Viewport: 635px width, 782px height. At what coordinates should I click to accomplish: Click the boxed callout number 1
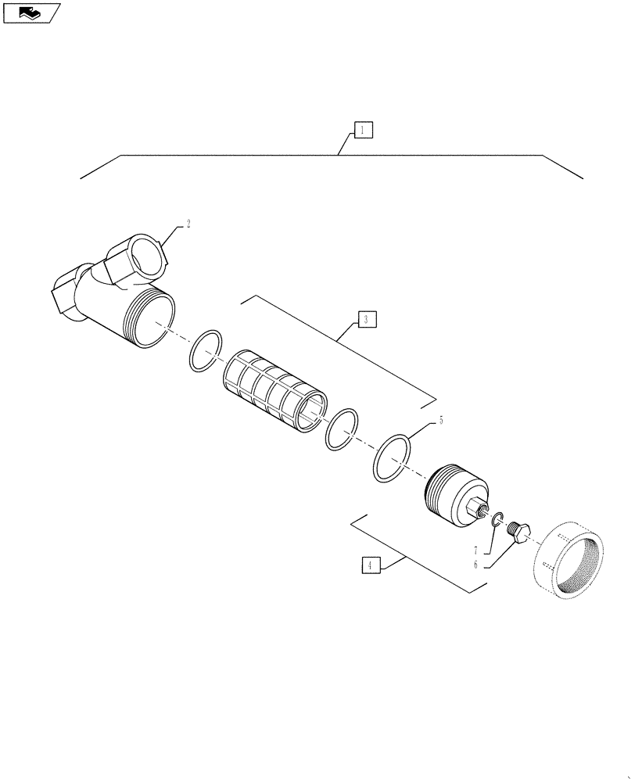[x=363, y=130]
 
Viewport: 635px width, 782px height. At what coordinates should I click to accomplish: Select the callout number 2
[x=188, y=224]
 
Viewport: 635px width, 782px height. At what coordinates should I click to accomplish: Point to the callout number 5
[x=440, y=421]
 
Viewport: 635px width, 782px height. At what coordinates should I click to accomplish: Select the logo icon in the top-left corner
[x=31, y=13]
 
